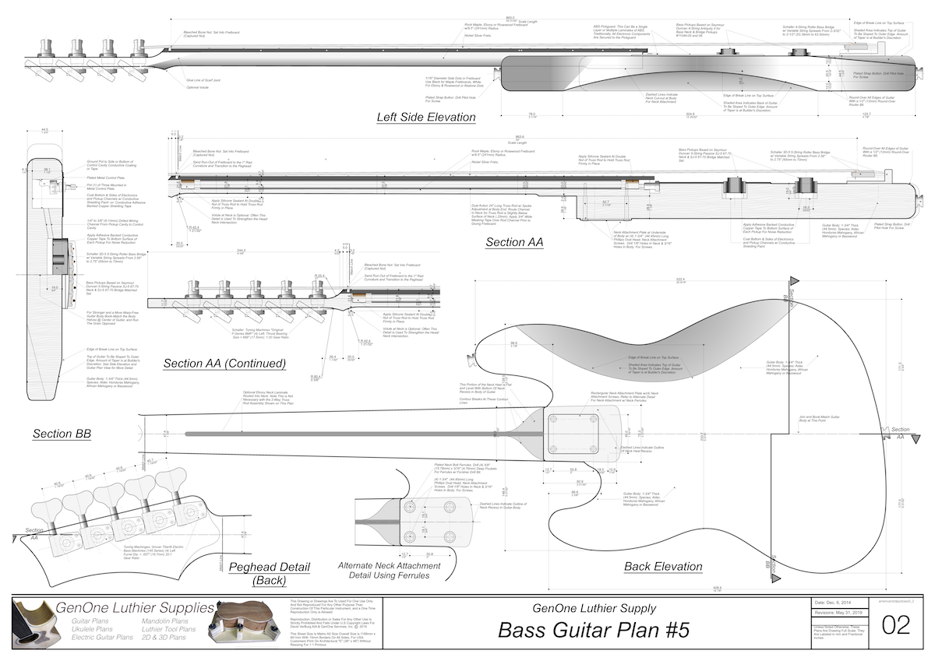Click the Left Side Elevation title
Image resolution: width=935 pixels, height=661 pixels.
425,118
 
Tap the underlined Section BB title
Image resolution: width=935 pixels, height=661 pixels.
64,434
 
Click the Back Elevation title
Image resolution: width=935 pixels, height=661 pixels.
674,568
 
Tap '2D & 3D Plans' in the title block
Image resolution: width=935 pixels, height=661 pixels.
164,638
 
